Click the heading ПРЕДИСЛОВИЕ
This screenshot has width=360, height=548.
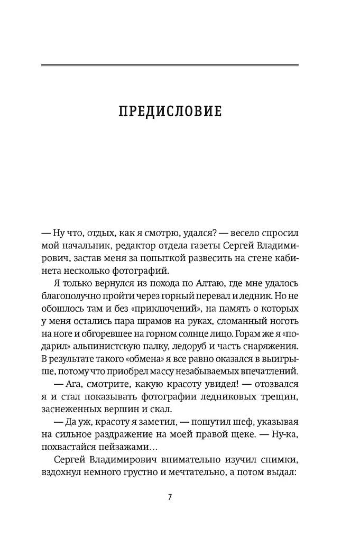pyautogui.click(x=170, y=112)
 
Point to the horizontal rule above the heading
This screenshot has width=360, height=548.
pyautogui.click(x=170, y=65)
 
